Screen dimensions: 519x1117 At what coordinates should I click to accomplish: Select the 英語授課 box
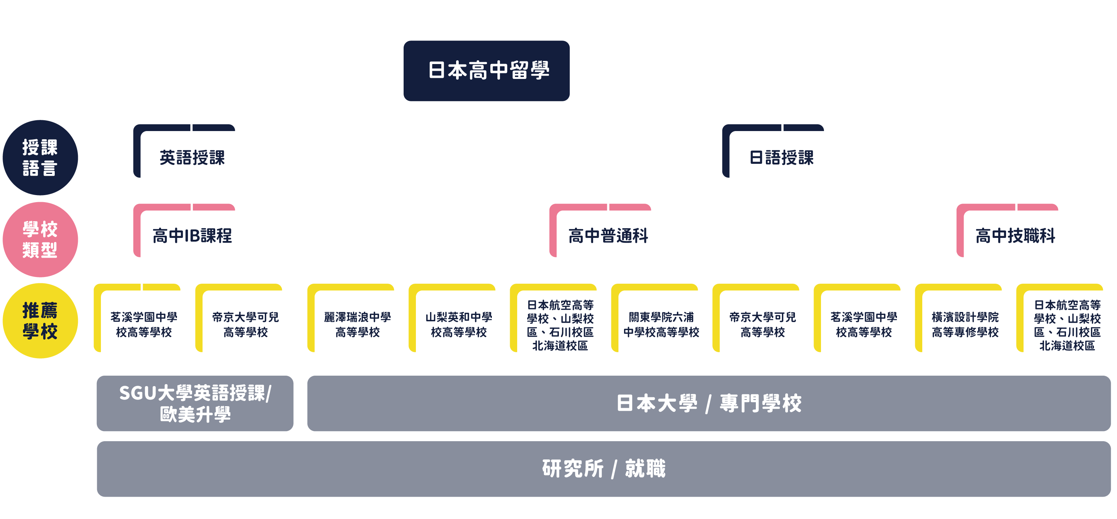click(191, 158)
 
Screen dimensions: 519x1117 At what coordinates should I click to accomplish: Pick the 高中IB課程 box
click(191, 237)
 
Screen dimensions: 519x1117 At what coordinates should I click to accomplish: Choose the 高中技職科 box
click(1014, 237)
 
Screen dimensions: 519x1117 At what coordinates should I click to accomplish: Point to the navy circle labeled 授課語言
click(40, 157)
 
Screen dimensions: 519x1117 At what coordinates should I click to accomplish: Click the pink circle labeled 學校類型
click(40, 239)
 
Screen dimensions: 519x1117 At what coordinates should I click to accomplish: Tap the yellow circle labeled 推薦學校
click(40, 321)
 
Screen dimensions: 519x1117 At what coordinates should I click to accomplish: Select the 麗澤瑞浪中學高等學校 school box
click(358, 325)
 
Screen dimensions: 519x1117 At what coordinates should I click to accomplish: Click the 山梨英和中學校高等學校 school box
click(459, 325)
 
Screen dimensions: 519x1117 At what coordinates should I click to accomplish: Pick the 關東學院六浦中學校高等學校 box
click(661, 325)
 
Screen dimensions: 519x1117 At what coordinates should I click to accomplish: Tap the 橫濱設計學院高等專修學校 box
click(965, 325)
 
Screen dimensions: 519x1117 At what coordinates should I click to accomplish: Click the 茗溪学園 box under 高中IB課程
click(144, 325)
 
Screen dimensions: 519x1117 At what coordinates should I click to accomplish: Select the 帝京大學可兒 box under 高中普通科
click(763, 325)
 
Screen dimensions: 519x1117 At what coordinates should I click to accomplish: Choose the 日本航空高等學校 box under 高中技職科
click(1067, 325)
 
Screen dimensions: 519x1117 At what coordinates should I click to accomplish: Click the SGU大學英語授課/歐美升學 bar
click(195, 403)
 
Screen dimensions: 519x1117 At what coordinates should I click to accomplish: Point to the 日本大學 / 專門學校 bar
click(709, 403)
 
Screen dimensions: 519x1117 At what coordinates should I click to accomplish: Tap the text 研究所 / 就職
click(603, 469)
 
